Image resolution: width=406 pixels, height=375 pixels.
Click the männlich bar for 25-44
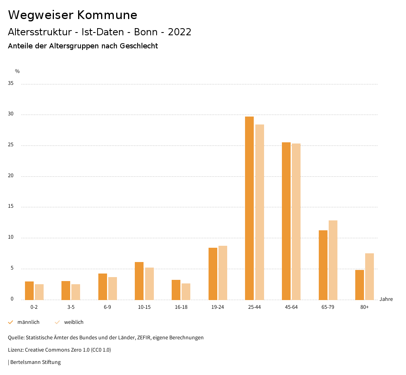tap(249, 208)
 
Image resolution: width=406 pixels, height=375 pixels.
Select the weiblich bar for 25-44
tap(260, 212)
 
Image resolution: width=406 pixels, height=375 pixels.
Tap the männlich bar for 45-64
tap(286, 221)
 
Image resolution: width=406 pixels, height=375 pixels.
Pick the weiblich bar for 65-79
tap(333, 260)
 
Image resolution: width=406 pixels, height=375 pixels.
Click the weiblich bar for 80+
tap(370, 276)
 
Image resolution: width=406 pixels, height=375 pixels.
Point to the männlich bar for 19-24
tap(213, 274)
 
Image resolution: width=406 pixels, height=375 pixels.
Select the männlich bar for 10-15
tap(139, 281)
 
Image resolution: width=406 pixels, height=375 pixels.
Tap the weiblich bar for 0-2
tap(39, 292)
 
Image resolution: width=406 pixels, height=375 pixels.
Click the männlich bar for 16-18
tap(176, 290)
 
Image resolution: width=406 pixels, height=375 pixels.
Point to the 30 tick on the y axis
tap(11, 114)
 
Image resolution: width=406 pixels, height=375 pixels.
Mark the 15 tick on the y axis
tap(11, 207)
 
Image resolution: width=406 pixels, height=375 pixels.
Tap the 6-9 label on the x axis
tap(107, 307)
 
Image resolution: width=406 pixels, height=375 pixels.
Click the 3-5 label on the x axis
tap(71, 307)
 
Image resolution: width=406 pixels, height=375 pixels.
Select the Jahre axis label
tap(386, 299)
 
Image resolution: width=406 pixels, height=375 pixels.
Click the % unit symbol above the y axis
tap(17, 71)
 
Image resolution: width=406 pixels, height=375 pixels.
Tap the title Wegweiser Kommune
tap(73, 15)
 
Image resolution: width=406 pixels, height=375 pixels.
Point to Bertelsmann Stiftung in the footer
tap(35, 362)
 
